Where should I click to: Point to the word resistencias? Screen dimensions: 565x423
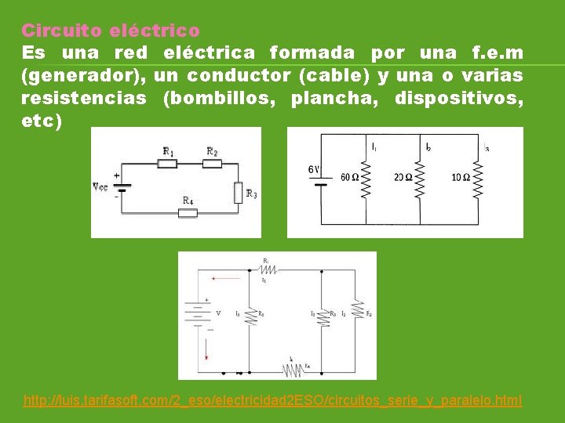pos(84,99)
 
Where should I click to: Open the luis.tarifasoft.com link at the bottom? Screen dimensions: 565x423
pos(272,400)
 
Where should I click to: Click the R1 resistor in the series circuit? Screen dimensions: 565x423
pos(166,163)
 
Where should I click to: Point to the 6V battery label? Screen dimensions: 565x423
pos(314,169)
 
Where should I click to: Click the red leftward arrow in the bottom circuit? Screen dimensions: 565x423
pos(228,277)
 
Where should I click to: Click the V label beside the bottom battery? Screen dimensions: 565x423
pos(218,313)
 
